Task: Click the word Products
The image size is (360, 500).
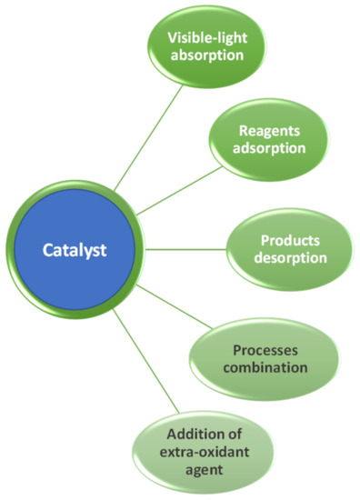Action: (x=281, y=239)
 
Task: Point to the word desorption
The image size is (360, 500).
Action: (x=281, y=257)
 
